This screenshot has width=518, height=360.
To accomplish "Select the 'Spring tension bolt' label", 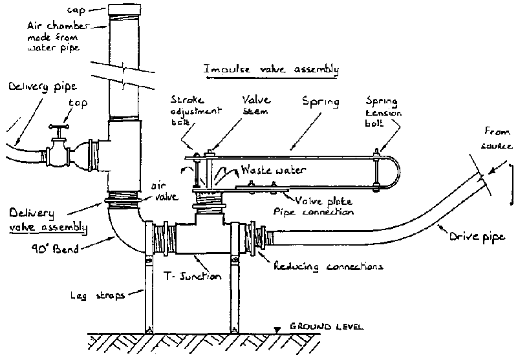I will (x=374, y=111).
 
